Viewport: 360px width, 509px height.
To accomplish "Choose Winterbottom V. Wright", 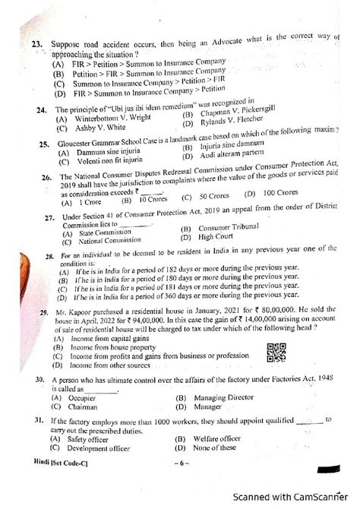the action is point(99,119).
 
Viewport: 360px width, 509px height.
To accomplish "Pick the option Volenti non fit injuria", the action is point(99,161).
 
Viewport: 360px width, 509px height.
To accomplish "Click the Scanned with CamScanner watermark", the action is point(295,495).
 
